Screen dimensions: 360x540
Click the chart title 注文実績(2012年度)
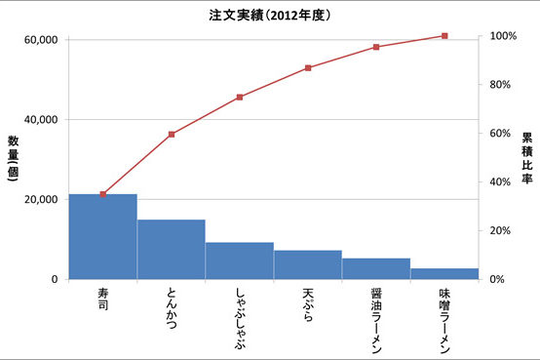[269, 16]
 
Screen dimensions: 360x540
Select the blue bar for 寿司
[102, 237]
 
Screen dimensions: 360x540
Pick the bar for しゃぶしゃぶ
[240, 260]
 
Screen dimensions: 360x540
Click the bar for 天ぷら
[308, 264]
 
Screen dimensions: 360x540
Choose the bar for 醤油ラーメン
[376, 268]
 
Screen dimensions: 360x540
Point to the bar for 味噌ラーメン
[444, 273]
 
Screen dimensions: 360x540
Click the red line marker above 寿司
[103, 194]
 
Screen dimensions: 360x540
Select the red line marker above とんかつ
[172, 134]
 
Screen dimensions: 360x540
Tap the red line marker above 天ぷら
[308, 67]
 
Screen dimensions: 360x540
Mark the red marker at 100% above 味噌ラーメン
[444, 36]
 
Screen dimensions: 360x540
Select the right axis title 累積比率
[526, 158]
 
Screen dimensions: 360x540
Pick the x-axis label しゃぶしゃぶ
[240, 311]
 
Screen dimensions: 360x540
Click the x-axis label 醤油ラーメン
[376, 316]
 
